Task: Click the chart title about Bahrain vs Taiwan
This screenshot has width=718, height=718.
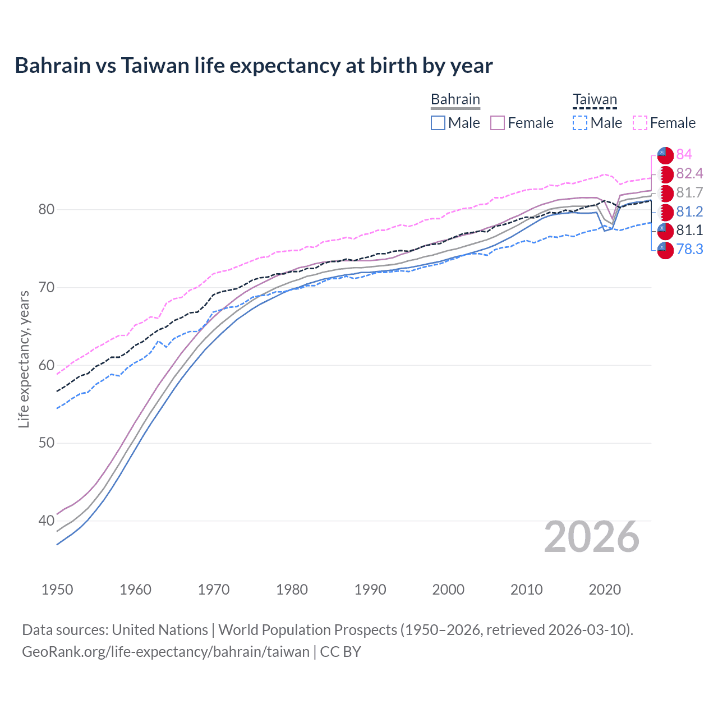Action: pyautogui.click(x=254, y=66)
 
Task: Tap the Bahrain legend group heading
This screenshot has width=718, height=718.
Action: pyautogui.click(x=455, y=100)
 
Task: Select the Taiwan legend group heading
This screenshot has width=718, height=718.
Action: pyautogui.click(x=595, y=100)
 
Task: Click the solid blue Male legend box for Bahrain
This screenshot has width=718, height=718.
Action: pyautogui.click(x=438, y=123)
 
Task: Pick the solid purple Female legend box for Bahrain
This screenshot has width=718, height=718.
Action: pyautogui.click(x=498, y=123)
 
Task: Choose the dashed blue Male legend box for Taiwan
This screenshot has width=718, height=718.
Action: pyautogui.click(x=580, y=123)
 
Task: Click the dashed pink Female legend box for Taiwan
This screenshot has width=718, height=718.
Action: pyautogui.click(x=640, y=123)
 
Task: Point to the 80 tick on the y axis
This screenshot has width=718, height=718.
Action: pyautogui.click(x=47, y=210)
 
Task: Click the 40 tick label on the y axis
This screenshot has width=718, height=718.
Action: pyautogui.click(x=47, y=521)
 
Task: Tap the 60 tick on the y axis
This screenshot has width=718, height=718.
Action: pyautogui.click(x=47, y=366)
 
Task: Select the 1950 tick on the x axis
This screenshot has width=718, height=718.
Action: pyautogui.click(x=57, y=590)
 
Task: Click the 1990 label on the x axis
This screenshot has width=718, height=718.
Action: pyautogui.click(x=370, y=590)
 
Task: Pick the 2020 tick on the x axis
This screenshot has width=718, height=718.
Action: pyautogui.click(x=605, y=590)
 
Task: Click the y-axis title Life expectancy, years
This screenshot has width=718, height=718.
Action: pyautogui.click(x=24, y=360)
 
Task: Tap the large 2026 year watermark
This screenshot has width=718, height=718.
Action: pyautogui.click(x=591, y=537)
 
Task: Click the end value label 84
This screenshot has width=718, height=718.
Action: pyautogui.click(x=684, y=154)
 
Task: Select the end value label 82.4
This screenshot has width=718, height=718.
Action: pyautogui.click(x=689, y=173)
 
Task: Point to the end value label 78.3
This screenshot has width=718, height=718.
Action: pyautogui.click(x=689, y=249)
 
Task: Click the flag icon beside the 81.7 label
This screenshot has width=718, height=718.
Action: pyautogui.click(x=665, y=193)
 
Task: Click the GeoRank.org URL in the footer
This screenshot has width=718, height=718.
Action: pyautogui.click(x=165, y=652)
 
